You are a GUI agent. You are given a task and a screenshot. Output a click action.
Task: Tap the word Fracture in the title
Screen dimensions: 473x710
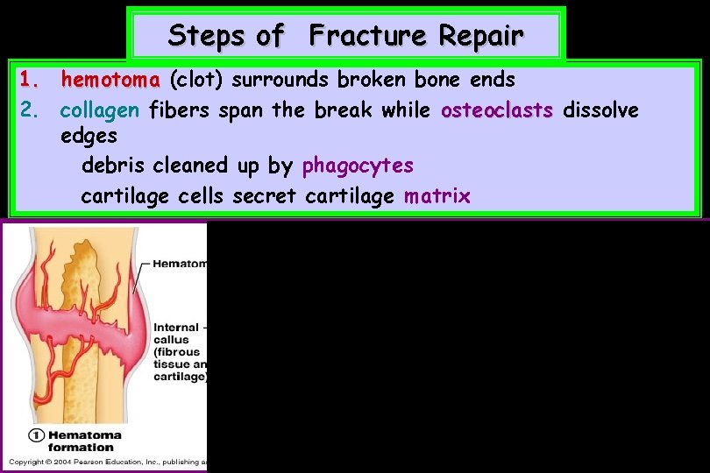[368, 36]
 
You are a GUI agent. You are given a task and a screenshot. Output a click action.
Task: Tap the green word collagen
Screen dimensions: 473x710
[100, 110]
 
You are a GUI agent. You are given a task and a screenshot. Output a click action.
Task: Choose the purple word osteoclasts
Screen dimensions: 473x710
[497, 110]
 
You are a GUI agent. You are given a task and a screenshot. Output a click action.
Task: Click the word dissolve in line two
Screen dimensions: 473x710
[600, 110]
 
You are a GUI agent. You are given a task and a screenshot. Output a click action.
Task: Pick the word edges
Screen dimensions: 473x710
[89, 138]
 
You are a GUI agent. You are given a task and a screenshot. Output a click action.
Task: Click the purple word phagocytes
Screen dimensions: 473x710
[358, 166]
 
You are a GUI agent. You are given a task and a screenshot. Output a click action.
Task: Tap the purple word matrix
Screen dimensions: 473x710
[437, 195]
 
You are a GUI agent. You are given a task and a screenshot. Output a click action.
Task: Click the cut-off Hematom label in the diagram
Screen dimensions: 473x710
[180, 263]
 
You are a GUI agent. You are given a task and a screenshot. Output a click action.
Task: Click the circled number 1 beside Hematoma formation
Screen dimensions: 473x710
[36, 435]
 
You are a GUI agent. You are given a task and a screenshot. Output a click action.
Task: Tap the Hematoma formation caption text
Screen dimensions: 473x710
[85, 441]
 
